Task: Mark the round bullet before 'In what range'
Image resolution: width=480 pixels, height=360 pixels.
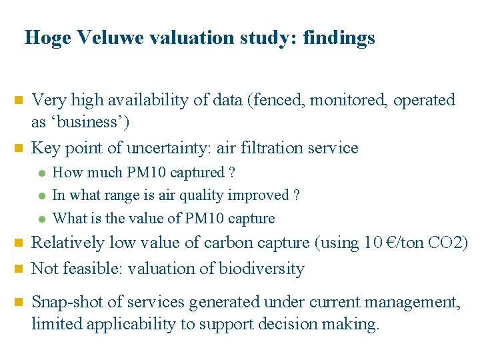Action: coord(42,196)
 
